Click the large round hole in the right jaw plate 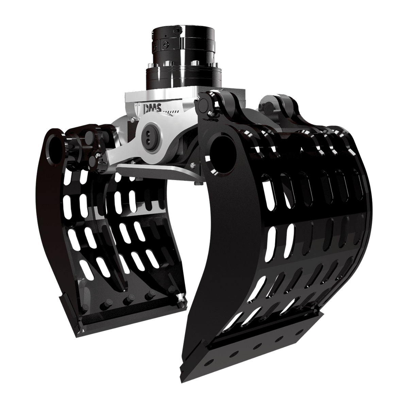[223, 147]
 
